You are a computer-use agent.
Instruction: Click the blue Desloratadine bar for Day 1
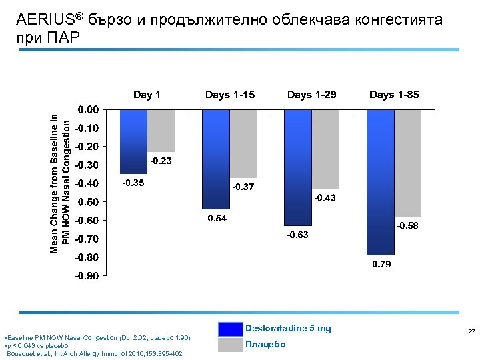click(133, 141)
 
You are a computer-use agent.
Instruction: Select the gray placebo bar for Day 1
click(161, 131)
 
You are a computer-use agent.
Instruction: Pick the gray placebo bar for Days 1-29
click(325, 149)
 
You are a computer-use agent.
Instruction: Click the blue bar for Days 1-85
click(380, 182)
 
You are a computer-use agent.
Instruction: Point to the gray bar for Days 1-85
click(407, 163)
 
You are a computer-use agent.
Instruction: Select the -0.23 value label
click(161, 161)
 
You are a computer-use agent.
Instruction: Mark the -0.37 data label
click(242, 187)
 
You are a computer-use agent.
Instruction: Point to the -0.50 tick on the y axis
click(87, 202)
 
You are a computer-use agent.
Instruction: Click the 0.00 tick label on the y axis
click(89, 109)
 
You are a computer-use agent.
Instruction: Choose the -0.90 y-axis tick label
click(87, 276)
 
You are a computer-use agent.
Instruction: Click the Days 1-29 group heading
click(311, 95)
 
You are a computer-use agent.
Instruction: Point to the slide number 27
click(471, 331)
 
